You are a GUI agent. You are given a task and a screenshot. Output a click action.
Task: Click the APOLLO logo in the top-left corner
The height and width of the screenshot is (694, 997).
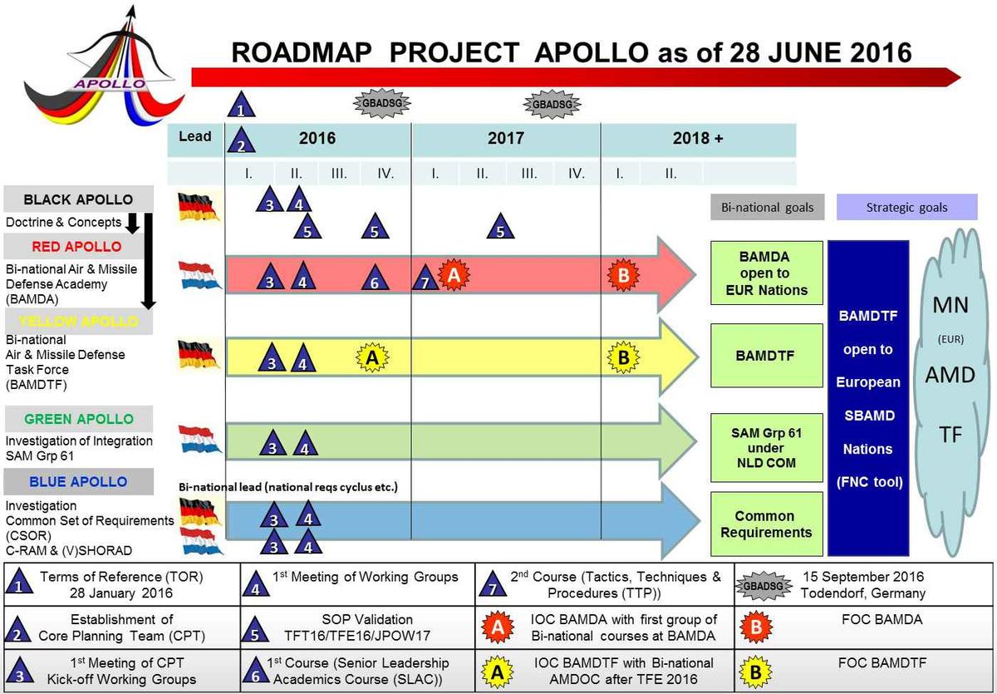pyautogui.click(x=105, y=66)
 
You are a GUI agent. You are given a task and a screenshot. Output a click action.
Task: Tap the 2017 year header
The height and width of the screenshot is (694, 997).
pyautogui.click(x=506, y=139)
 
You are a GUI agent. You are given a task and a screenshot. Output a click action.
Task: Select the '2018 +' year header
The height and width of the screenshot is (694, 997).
pyautogui.click(x=698, y=139)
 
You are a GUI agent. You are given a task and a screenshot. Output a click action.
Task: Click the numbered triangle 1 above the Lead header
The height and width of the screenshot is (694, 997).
pyautogui.click(x=241, y=104)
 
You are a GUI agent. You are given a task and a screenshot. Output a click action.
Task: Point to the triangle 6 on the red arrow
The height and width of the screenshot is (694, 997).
pyautogui.click(x=375, y=278)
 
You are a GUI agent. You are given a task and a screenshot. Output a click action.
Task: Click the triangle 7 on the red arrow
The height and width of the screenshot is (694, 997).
pyautogui.click(x=425, y=278)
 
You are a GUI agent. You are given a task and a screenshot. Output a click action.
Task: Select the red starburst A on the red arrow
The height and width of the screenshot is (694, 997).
pyautogui.click(x=454, y=274)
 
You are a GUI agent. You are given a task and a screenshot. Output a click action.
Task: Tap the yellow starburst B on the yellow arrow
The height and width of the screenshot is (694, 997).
pyautogui.click(x=624, y=357)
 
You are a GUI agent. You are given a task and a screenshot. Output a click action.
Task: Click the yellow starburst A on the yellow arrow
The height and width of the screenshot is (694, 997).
pyautogui.click(x=372, y=357)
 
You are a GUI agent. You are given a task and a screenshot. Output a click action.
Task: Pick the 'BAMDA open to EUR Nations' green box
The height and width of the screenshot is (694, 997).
pyautogui.click(x=766, y=273)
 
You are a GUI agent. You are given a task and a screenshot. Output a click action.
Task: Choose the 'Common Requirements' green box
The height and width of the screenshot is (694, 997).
pyautogui.click(x=766, y=524)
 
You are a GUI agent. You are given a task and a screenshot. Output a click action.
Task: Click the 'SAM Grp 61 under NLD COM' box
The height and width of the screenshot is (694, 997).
pyautogui.click(x=766, y=447)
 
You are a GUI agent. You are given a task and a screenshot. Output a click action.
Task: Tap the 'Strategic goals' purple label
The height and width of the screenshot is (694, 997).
pyautogui.click(x=906, y=207)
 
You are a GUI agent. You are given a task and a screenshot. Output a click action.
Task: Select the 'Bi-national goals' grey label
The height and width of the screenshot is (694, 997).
pyautogui.click(x=768, y=207)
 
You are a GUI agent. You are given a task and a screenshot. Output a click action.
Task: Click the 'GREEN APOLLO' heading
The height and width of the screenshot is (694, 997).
pyautogui.click(x=79, y=419)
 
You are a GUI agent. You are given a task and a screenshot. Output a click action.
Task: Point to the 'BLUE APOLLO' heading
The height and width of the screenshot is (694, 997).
pyautogui.click(x=78, y=482)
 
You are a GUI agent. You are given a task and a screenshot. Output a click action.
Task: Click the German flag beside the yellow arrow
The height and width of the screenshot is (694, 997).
pyautogui.click(x=198, y=355)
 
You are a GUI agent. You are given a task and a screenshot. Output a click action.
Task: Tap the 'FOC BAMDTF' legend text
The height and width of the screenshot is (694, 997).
pyautogui.click(x=882, y=663)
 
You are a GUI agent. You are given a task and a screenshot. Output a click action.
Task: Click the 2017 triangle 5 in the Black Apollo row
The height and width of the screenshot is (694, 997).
pyautogui.click(x=500, y=226)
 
